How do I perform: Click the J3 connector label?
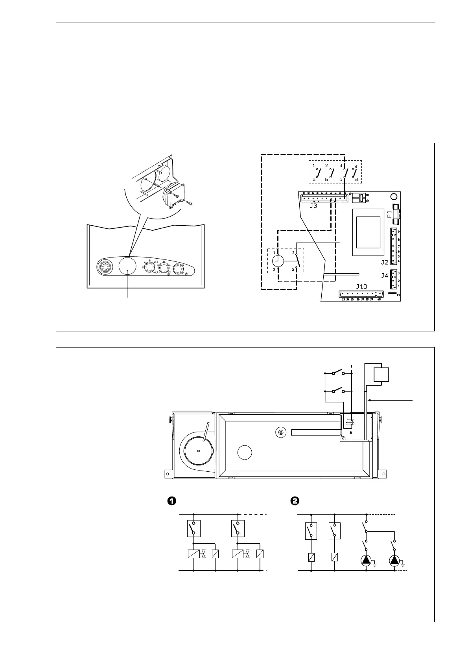click(x=313, y=206)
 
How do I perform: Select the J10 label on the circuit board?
click(x=361, y=287)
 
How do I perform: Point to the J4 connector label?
click(x=384, y=276)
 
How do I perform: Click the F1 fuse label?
click(x=389, y=215)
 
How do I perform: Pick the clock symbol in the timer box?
click(x=278, y=261)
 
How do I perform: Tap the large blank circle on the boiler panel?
click(x=127, y=266)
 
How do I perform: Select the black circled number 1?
click(x=171, y=501)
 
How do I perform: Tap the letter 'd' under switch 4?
click(x=356, y=180)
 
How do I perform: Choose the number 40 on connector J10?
click(x=379, y=300)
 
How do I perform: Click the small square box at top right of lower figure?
click(x=381, y=374)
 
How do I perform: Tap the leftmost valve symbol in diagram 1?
click(x=204, y=554)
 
